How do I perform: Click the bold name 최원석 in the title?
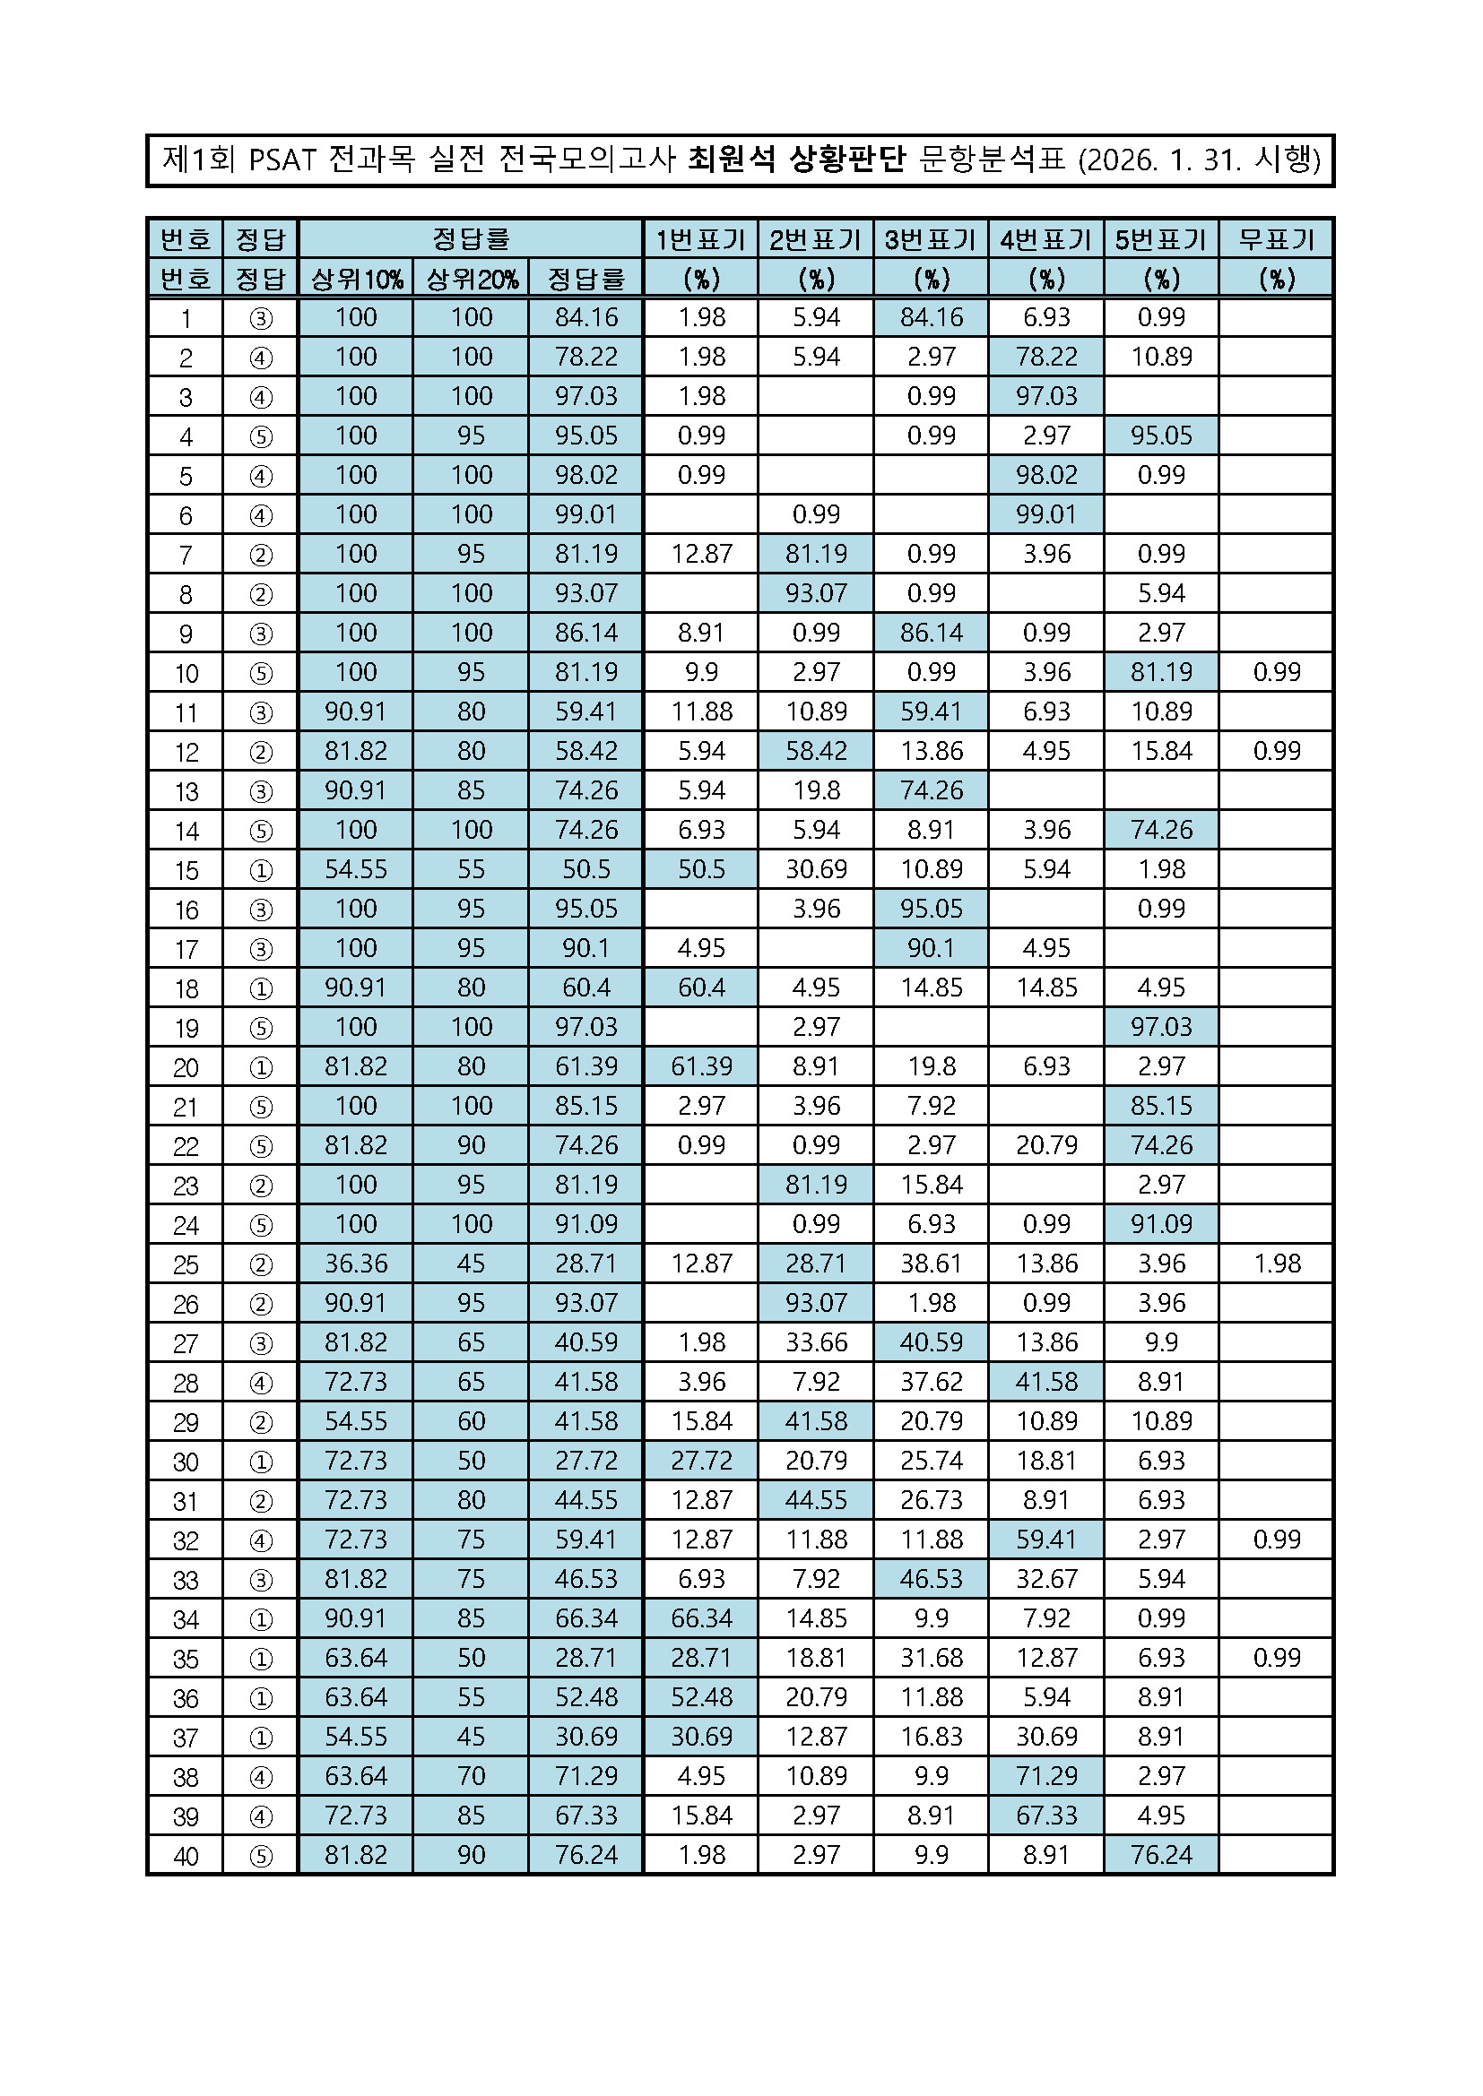tap(731, 160)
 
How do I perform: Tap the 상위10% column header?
tap(356, 279)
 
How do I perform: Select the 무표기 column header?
tap(1276, 239)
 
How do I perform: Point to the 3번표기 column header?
tap(931, 239)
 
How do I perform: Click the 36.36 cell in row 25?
tap(356, 1264)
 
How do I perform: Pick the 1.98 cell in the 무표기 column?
tap(1276, 1264)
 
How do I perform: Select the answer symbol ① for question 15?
tap(260, 870)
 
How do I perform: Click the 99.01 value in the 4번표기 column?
tap(1045, 514)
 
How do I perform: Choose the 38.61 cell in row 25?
tap(931, 1264)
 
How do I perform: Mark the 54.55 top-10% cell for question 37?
tap(356, 1737)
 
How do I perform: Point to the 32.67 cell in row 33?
tap(1045, 1578)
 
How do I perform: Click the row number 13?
tap(186, 791)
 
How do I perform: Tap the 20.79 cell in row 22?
tap(1045, 1144)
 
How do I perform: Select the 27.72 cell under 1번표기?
tap(701, 1461)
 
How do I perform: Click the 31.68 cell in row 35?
tap(931, 1658)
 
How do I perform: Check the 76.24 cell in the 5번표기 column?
tap(1160, 1855)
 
